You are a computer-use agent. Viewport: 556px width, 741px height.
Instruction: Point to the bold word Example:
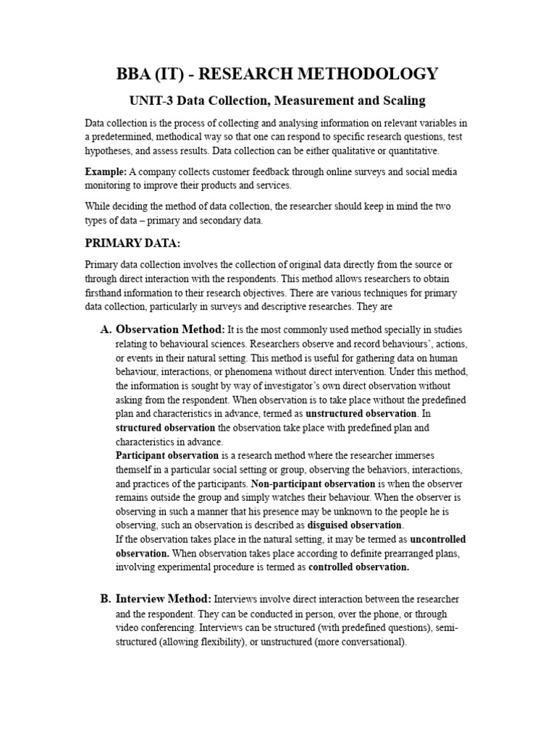click(x=106, y=172)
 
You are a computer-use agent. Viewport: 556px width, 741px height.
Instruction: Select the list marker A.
click(x=105, y=330)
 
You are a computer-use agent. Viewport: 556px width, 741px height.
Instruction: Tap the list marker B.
click(x=105, y=599)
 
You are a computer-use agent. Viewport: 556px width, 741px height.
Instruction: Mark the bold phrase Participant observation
click(x=167, y=455)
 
